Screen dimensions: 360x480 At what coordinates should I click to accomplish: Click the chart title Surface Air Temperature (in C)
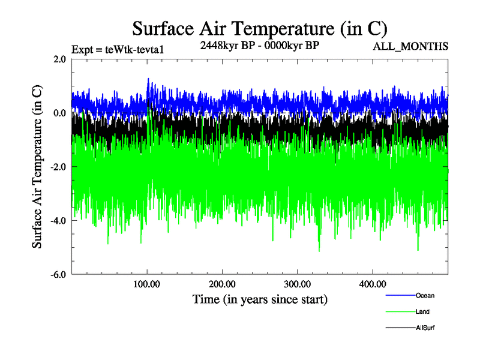(x=260, y=28)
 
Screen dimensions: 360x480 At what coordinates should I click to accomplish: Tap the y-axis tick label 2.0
(x=59, y=59)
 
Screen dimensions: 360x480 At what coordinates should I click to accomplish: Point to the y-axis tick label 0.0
(x=59, y=113)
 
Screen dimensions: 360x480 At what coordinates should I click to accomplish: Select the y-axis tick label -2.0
(x=58, y=167)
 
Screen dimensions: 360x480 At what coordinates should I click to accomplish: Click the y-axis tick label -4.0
(x=58, y=221)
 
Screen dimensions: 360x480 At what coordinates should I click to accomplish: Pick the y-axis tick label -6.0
(x=58, y=274)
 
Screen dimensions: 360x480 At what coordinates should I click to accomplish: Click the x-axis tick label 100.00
(x=147, y=284)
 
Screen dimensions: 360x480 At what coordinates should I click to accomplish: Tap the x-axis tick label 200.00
(x=222, y=284)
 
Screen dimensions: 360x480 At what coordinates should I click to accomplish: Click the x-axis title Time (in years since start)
(x=260, y=298)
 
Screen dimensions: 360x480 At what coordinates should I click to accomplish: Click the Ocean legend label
(x=425, y=295)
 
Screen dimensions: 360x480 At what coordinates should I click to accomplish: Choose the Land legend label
(x=423, y=311)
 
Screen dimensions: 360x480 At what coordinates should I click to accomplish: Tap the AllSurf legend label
(x=425, y=328)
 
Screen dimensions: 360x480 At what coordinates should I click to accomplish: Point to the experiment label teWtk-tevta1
(x=117, y=49)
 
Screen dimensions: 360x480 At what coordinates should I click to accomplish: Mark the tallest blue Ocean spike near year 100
(x=148, y=79)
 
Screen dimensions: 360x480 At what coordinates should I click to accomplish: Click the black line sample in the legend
(x=400, y=328)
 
